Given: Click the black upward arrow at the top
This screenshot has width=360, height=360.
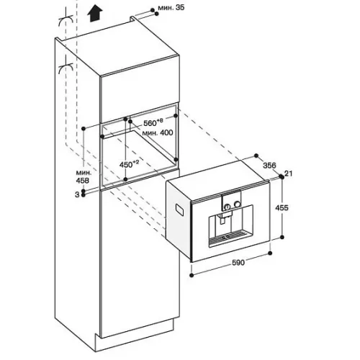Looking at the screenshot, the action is (x=94, y=14).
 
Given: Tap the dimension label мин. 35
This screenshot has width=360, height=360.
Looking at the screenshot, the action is (x=171, y=8).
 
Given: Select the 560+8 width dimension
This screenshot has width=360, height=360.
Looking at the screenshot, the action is (x=153, y=123).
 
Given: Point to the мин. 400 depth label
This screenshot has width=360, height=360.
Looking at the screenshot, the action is (x=157, y=132).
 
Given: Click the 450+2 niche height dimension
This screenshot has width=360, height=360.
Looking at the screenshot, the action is (x=129, y=164).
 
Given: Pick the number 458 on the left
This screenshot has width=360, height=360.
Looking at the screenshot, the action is (x=82, y=181).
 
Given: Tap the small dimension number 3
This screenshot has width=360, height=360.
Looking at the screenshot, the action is (x=77, y=194).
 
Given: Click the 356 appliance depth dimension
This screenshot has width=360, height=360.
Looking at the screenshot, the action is (x=269, y=166).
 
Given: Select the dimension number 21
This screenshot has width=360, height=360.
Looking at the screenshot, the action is (x=288, y=174).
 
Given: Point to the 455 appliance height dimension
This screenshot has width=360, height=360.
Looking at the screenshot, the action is (x=282, y=207).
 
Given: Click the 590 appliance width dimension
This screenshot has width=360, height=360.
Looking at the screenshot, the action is (x=238, y=263).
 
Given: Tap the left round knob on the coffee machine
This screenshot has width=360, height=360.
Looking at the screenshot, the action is (x=228, y=207).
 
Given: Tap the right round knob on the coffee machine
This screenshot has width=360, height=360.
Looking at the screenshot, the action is (x=238, y=204).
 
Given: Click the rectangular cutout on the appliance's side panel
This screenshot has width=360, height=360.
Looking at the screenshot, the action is (x=180, y=210).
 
